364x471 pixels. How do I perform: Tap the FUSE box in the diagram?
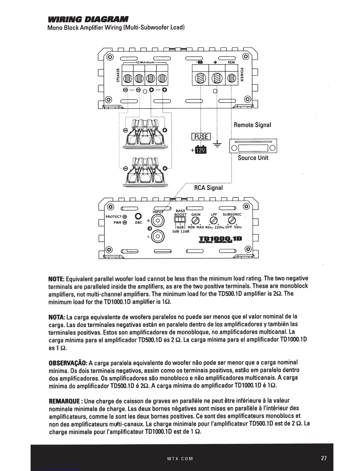[201, 137]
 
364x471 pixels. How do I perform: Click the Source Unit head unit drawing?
[253, 146]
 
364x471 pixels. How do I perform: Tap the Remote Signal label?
[252, 125]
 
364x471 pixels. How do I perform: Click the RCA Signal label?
[208, 188]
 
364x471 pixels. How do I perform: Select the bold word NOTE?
[57, 279]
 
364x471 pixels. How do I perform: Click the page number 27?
[324, 458]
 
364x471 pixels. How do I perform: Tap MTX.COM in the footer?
[180, 459]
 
